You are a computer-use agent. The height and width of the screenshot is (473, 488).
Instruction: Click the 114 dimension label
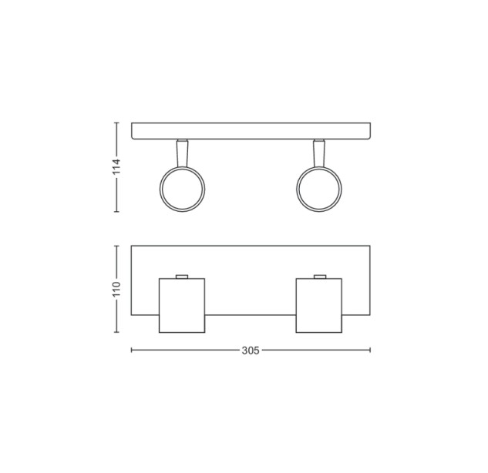click(116, 166)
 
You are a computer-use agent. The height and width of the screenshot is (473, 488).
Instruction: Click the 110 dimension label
click(116, 289)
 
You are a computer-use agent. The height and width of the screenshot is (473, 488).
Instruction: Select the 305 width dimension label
click(251, 351)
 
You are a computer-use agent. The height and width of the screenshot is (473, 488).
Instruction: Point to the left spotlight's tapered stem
click(183, 153)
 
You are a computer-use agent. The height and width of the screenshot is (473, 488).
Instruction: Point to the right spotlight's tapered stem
click(319, 153)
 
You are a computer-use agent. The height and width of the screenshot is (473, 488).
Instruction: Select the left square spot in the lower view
click(182, 305)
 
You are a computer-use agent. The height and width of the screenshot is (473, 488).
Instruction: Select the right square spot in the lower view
click(319, 305)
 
